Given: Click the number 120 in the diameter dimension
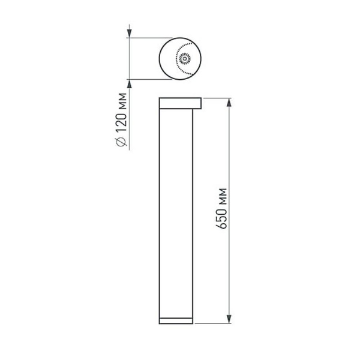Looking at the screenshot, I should pos(122,125).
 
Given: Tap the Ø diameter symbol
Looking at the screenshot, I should pos(122,142).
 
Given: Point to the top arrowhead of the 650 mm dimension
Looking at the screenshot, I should pos(228,101).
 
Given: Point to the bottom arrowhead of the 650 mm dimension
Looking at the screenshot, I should pos(228,319).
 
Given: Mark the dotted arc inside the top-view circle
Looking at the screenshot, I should pos(178,58).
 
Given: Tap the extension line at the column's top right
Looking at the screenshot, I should pos(216,97).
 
